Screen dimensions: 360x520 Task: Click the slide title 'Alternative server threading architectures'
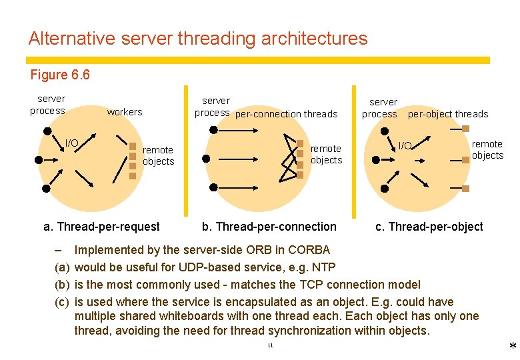198,39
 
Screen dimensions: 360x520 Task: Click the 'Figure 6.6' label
60,75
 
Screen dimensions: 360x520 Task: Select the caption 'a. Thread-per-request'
101,227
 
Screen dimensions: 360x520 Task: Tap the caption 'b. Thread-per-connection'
269,227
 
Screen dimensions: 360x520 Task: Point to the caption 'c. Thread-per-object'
429,227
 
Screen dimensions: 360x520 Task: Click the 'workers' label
125,112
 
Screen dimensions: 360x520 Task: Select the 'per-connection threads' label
287,114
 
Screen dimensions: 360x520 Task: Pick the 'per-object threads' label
448,114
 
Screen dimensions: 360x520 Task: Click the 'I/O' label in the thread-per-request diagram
71,143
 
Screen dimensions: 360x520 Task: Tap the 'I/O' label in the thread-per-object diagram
405,145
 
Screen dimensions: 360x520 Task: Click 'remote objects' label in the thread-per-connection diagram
326,154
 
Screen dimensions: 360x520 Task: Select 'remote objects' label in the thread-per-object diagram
487,149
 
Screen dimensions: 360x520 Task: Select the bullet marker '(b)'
61,285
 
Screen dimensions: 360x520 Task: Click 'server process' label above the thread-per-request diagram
48,105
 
